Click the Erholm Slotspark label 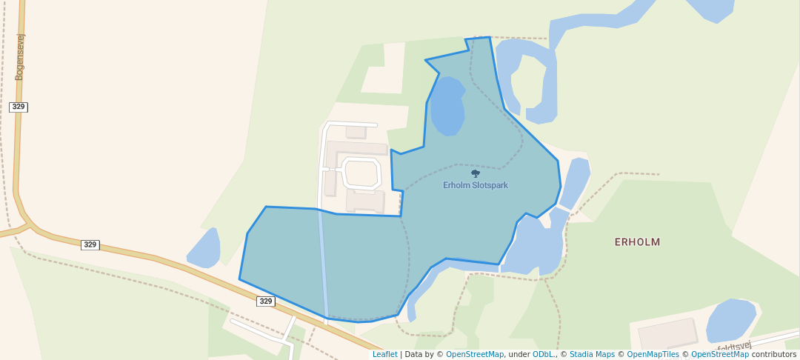point(476,185)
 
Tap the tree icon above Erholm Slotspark point(476,174)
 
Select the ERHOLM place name point(637,242)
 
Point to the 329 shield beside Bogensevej point(19,107)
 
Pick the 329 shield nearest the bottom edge point(266,301)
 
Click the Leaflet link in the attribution point(384,354)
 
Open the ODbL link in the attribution point(544,354)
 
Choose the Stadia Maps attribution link point(592,354)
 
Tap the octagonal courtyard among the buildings point(361,173)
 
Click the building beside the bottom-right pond point(667,334)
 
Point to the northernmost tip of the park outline point(489,37)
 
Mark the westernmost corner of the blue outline point(239,279)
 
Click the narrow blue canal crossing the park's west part point(323,267)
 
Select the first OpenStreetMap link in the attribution point(475,354)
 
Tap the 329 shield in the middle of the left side point(90,244)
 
